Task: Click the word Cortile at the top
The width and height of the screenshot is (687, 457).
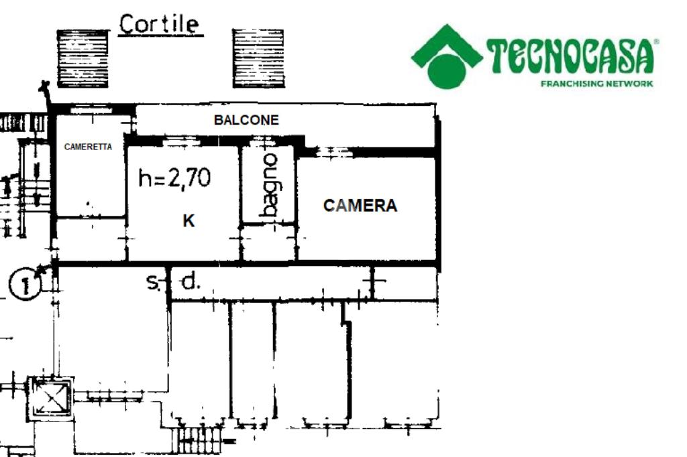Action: tap(159, 24)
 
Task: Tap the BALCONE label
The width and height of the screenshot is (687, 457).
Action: tap(246, 121)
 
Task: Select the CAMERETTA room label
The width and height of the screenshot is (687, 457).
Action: tap(88, 147)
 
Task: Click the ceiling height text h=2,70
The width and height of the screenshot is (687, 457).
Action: tap(174, 178)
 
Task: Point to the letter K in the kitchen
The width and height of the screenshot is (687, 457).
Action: tap(189, 220)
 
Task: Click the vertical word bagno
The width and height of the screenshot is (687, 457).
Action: tap(269, 185)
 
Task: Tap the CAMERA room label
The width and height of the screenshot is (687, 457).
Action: tap(360, 206)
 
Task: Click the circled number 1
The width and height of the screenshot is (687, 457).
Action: tap(25, 284)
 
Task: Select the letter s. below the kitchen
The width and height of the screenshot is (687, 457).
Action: tap(153, 283)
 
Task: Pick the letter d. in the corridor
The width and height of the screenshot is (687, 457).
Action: tap(191, 283)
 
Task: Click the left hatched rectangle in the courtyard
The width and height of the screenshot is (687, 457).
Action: tap(83, 58)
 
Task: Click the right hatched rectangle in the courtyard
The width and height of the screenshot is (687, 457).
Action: tap(258, 58)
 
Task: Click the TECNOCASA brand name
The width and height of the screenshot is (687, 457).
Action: tap(570, 57)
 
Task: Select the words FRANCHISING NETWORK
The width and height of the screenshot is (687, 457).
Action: tap(596, 84)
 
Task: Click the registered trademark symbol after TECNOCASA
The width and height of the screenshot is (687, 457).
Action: tap(656, 42)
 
